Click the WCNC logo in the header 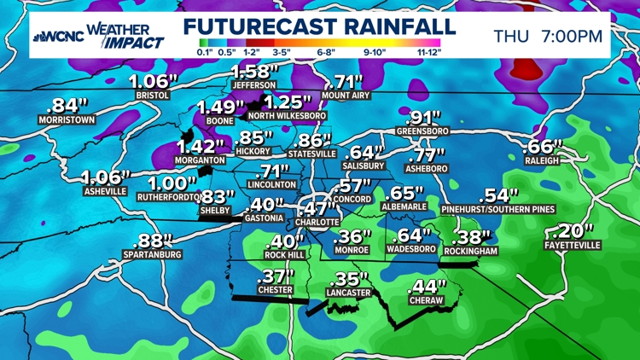(57, 37)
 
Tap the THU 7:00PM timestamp (549, 36)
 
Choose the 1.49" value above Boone (219, 107)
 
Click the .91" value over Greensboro (423, 118)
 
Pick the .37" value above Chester (275, 276)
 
